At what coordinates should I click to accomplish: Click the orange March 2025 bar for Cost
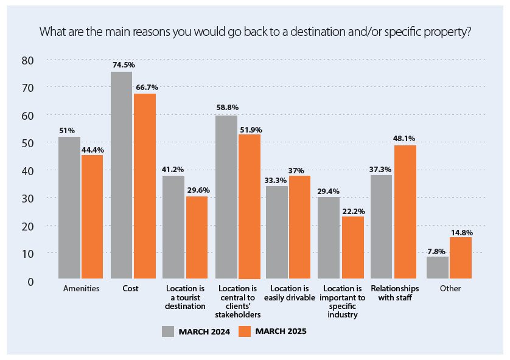[x=145, y=186]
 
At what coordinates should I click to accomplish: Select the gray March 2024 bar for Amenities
[x=69, y=207]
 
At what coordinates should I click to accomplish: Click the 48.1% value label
[x=403, y=138]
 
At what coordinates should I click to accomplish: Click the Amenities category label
[x=81, y=289]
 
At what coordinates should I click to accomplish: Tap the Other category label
[x=450, y=289]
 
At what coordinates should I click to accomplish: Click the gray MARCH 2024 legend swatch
[x=168, y=331]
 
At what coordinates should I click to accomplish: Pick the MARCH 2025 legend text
[x=281, y=331]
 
